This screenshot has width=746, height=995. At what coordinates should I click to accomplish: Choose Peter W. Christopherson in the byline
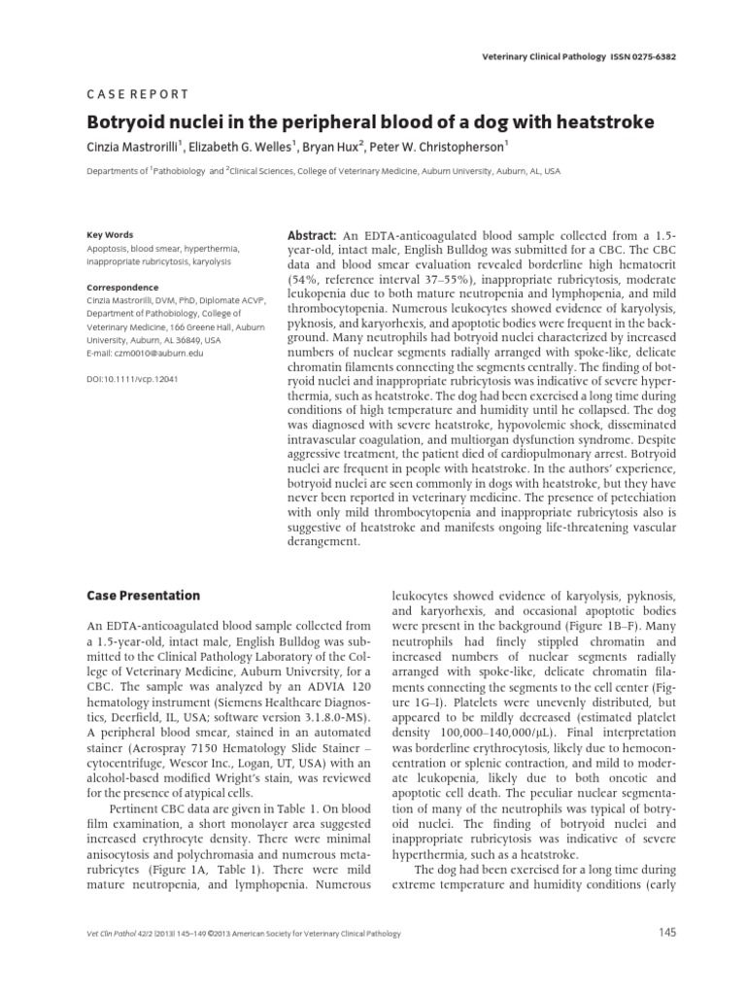pos(458,146)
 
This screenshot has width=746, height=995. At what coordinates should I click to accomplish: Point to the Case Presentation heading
pos(143,595)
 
